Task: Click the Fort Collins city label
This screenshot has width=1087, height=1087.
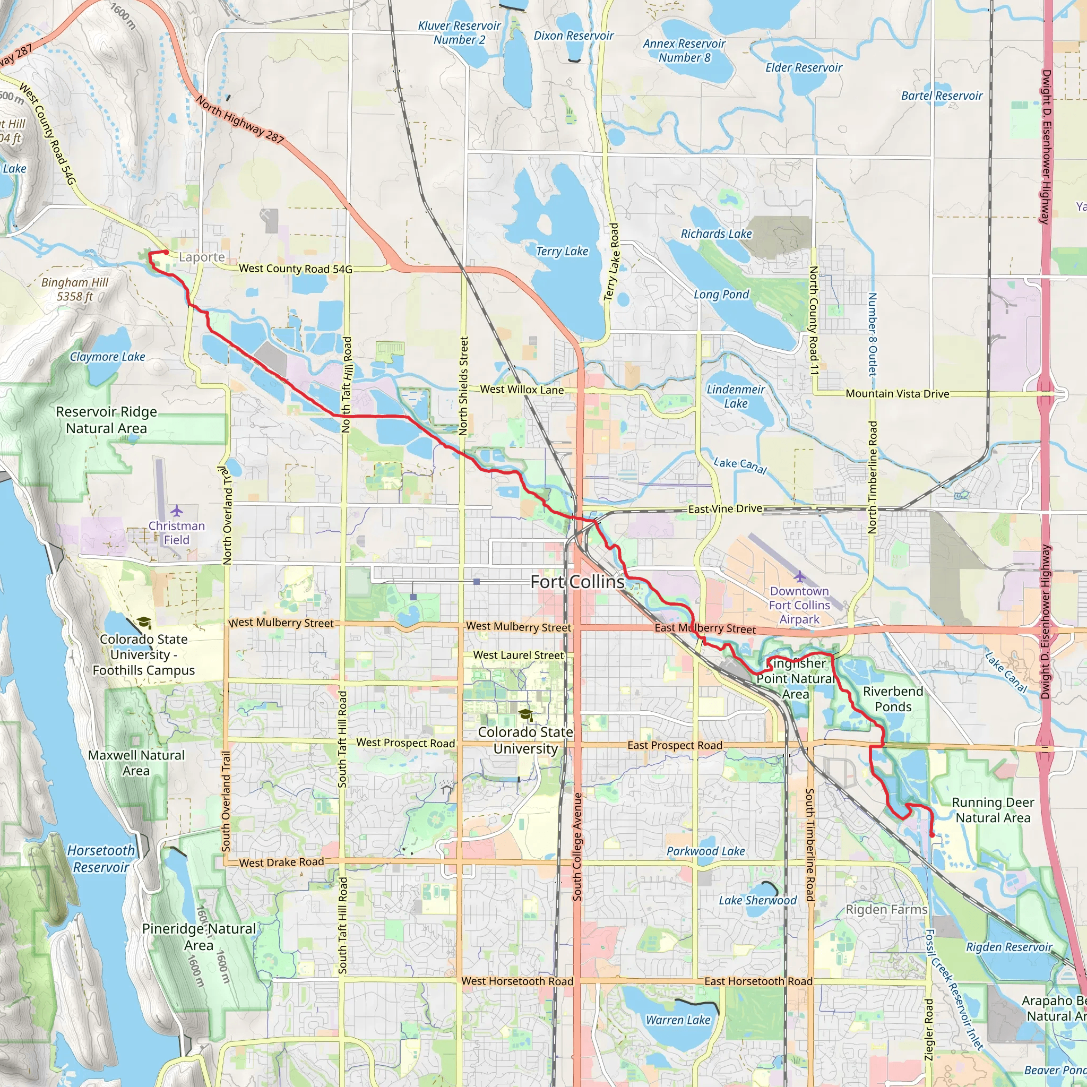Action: (x=577, y=582)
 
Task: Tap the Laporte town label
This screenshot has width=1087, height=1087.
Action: (x=201, y=257)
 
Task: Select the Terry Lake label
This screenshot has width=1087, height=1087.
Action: (x=562, y=252)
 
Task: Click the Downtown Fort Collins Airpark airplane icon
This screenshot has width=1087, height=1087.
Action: (x=799, y=577)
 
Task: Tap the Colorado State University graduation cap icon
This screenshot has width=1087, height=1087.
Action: (x=525, y=714)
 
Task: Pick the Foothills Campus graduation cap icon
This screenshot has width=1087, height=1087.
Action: (x=144, y=622)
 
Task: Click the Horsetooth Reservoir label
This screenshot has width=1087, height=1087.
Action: (x=101, y=859)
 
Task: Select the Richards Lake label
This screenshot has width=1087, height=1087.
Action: (x=715, y=234)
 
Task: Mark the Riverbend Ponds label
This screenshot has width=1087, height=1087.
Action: (x=893, y=699)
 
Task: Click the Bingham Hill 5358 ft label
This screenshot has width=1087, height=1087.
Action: (x=75, y=289)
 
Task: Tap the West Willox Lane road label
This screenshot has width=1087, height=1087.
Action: (x=522, y=390)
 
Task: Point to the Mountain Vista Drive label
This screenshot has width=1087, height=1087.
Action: (x=898, y=393)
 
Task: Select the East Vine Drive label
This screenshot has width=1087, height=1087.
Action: (x=724, y=508)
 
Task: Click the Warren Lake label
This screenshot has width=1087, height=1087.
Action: (x=677, y=1020)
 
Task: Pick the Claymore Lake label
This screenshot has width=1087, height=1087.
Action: (x=107, y=357)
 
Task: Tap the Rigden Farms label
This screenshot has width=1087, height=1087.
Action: (x=886, y=909)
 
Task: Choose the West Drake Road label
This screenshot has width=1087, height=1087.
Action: (x=281, y=862)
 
